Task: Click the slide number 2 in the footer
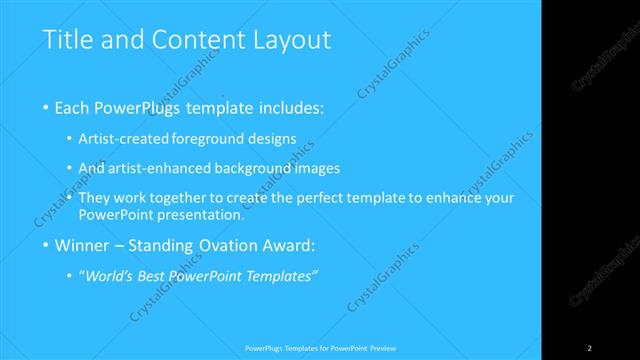click(589, 348)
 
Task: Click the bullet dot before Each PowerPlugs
click(47, 106)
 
